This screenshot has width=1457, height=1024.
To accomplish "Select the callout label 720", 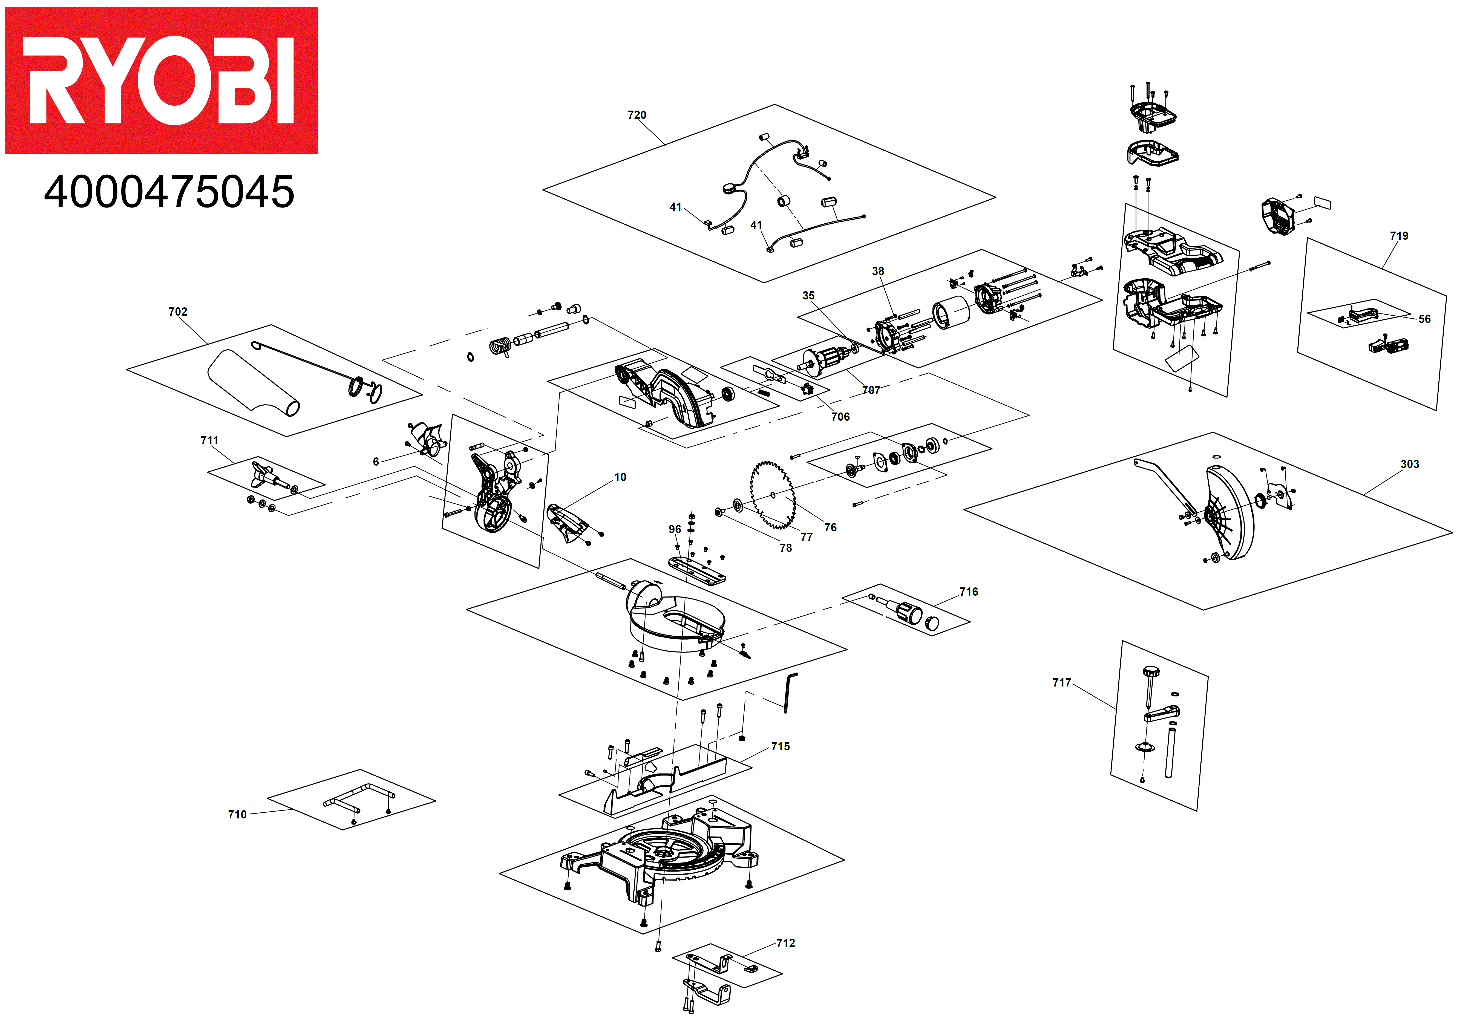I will pos(637,115).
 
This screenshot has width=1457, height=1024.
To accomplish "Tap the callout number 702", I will pos(178,311).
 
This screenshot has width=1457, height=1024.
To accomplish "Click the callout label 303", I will pos(1409,464).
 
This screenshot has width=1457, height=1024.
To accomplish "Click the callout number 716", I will pos(968,592).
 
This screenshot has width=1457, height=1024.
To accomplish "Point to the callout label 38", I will pos(878,271).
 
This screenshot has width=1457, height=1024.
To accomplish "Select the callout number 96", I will pos(675,529).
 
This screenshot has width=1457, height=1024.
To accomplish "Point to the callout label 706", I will pos(840,417).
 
